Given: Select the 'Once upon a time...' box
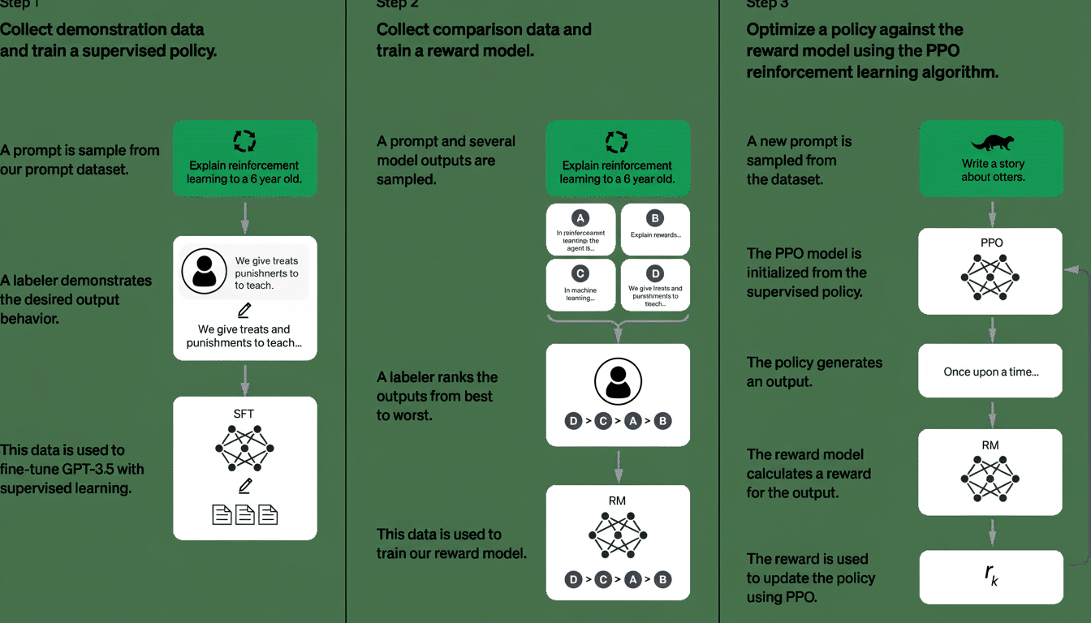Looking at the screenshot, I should click(x=990, y=372).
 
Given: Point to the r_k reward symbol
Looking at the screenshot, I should click(x=990, y=575).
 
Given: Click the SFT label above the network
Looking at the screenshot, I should click(x=244, y=414).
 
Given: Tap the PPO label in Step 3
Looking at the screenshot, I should click(x=990, y=243).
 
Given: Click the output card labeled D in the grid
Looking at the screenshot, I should click(x=655, y=284).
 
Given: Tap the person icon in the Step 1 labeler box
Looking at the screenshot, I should click(x=204, y=272).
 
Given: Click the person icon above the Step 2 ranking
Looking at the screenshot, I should click(x=618, y=380).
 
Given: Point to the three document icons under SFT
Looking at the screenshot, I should click(x=244, y=514).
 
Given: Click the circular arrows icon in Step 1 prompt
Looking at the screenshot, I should click(x=244, y=141).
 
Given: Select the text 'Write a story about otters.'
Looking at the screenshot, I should click(x=992, y=170).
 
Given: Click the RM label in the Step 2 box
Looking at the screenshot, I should click(x=617, y=501).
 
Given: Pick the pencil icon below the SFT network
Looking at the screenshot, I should click(x=244, y=485).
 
